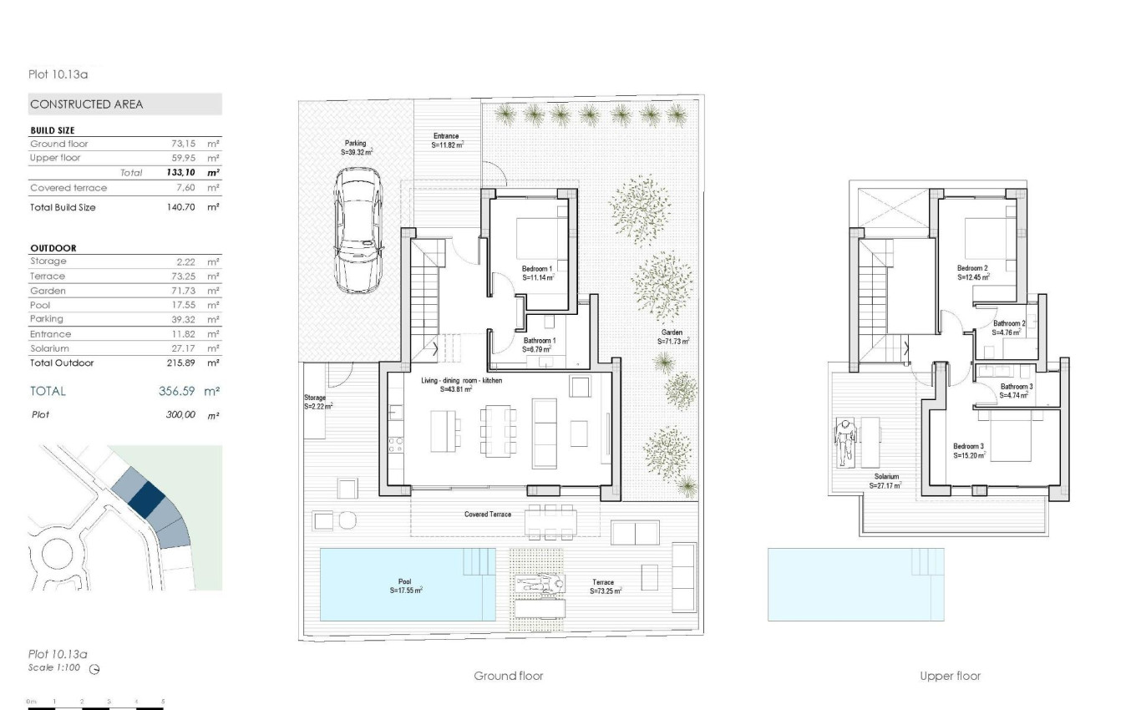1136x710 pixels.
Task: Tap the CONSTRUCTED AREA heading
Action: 86,104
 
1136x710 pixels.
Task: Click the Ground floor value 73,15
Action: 183,144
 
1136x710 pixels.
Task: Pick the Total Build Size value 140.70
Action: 181,207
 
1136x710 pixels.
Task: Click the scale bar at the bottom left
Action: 96,707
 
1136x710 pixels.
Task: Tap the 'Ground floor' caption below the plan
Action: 508,676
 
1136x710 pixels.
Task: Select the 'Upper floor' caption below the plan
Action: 950,676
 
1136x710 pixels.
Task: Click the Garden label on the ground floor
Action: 672,337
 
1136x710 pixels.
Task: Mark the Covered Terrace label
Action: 488,515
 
